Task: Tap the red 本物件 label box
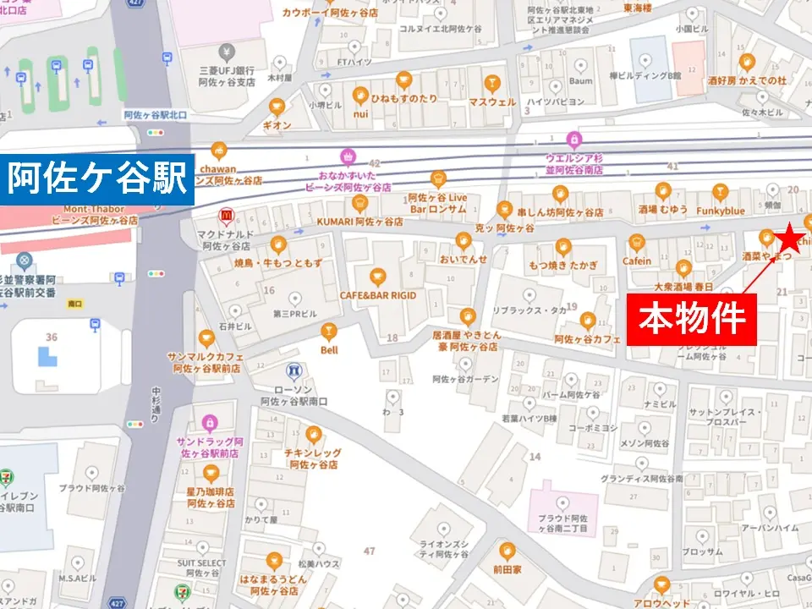tap(691, 319)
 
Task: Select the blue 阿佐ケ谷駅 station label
tap(97, 179)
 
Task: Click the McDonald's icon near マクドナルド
tap(226, 216)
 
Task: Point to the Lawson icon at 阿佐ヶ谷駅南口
tap(294, 370)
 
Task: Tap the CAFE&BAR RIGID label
tap(378, 295)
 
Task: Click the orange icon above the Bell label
tap(328, 330)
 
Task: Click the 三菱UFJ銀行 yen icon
tap(225, 52)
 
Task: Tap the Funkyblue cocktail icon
tap(720, 191)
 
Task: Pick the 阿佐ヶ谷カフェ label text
tap(588, 339)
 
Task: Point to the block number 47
tap(369, 551)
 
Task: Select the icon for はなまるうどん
tap(274, 559)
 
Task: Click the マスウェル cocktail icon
tap(491, 82)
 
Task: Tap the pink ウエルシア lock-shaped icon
tap(574, 138)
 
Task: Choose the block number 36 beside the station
tap(52, 337)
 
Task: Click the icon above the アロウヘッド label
tap(661, 584)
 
